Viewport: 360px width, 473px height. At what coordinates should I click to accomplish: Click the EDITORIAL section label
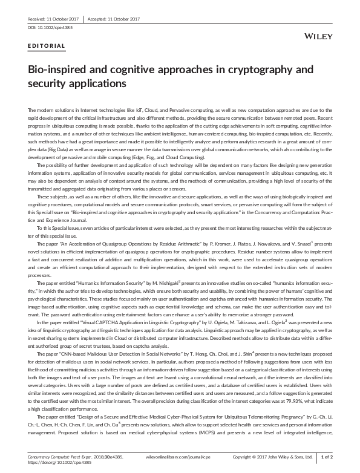click(47, 46)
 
